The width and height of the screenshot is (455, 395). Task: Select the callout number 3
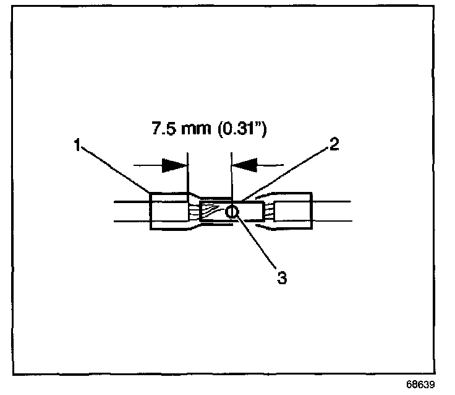pyautogui.click(x=281, y=278)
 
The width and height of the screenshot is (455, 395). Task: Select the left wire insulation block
pyautogui.click(x=168, y=212)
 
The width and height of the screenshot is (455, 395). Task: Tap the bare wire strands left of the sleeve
pyautogui.click(x=195, y=212)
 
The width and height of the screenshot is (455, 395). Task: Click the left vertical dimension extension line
pyautogui.click(x=188, y=176)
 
